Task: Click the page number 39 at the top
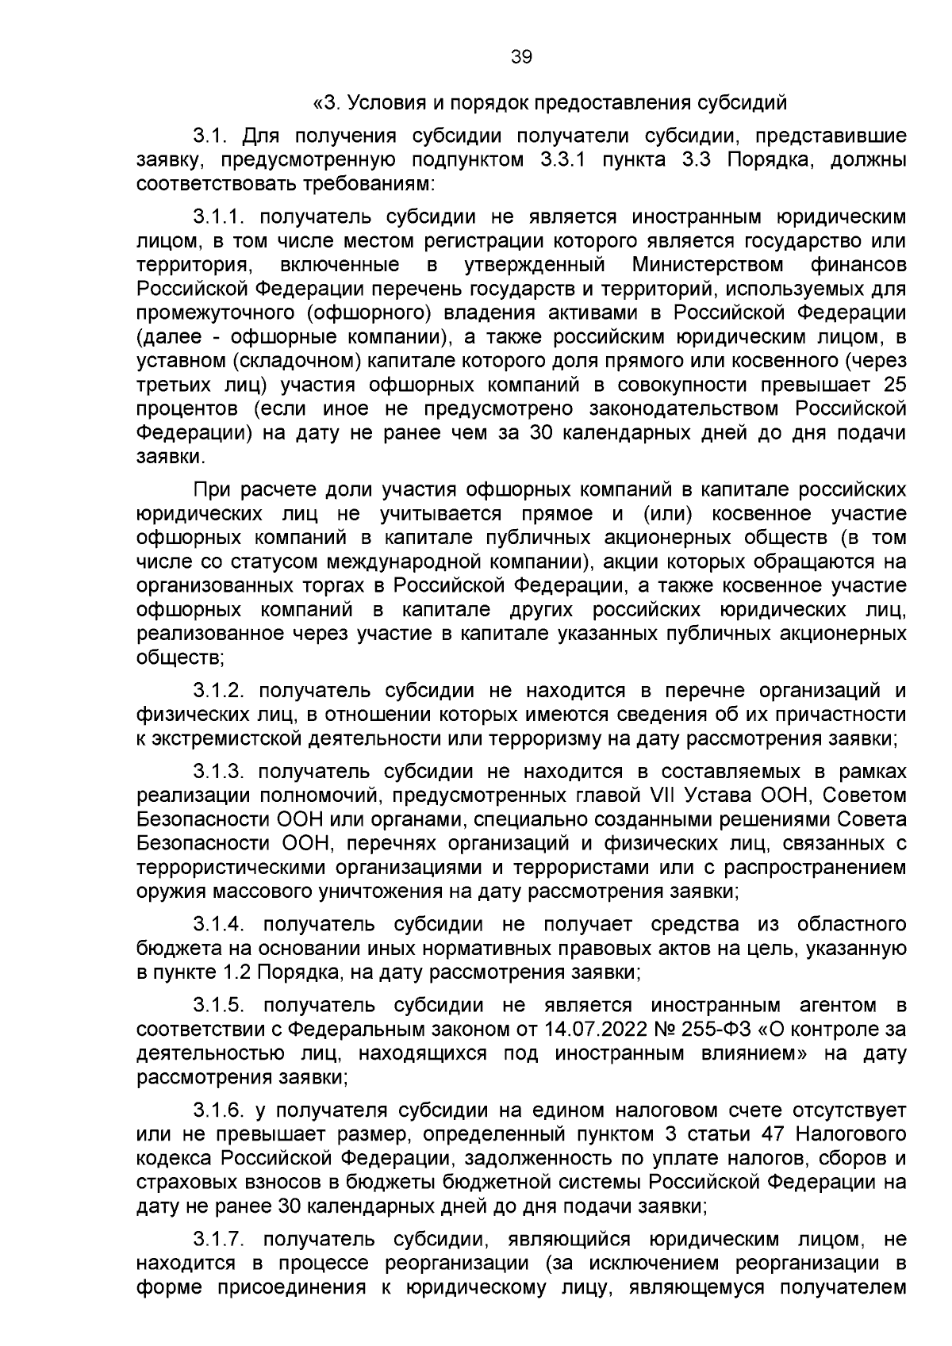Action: point(521,57)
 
